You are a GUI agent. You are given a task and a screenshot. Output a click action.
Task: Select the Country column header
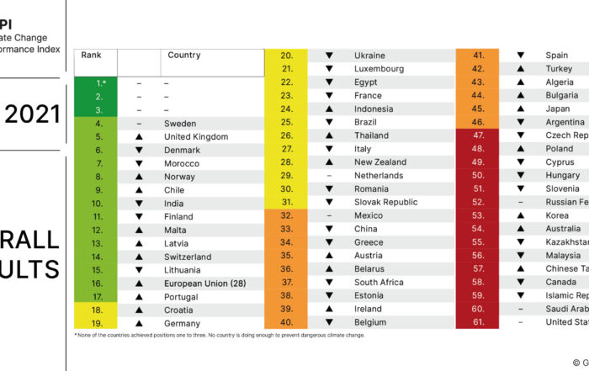point(184,56)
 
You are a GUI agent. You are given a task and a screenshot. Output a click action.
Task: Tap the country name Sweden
point(180,124)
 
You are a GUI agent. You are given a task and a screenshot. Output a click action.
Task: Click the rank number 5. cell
point(98,136)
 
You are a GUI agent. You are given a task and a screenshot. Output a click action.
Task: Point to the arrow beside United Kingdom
point(139,136)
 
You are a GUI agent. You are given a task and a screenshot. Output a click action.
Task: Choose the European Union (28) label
point(204,284)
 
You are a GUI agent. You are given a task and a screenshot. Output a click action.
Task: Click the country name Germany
point(182,324)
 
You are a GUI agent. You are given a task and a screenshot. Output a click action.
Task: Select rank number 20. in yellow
point(286,56)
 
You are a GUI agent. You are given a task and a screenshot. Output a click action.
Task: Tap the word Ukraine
point(370,56)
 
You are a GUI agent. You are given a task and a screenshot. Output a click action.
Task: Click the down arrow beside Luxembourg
point(329,69)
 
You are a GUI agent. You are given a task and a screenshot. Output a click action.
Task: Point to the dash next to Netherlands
point(329,176)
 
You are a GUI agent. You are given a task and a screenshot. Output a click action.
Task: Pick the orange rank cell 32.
point(286,215)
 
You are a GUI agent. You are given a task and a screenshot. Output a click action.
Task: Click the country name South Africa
point(379,283)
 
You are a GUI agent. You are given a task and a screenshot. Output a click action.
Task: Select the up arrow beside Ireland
point(329,309)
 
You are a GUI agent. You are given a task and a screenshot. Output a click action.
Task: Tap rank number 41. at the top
point(478,56)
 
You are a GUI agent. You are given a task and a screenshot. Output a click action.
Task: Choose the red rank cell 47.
point(478,135)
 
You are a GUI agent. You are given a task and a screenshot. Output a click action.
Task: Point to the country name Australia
point(563,229)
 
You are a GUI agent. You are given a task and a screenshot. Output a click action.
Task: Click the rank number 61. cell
point(478,322)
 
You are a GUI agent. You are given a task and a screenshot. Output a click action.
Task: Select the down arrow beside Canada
point(521,282)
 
